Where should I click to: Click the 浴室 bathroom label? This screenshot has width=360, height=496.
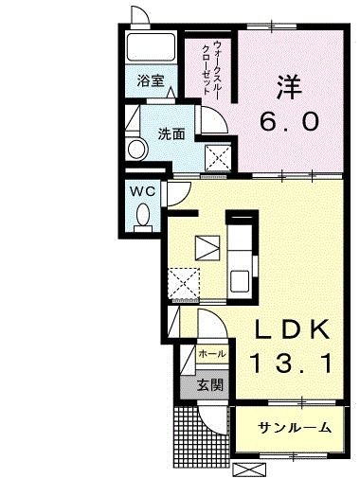tap(151, 81)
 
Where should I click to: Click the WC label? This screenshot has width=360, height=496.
tap(142, 189)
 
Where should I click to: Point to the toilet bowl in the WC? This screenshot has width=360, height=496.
tap(143, 217)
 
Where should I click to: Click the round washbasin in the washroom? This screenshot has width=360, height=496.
tap(135, 148)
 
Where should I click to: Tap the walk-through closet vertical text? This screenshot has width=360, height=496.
tap(212, 66)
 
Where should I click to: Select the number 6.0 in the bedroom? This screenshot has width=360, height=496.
tap(291, 122)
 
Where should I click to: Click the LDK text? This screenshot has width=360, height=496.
tap(291, 329)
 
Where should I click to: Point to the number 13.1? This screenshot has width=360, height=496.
tap(291, 362)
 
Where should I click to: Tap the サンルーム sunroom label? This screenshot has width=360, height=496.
tap(295, 427)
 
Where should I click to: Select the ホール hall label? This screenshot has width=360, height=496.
tap(211, 354)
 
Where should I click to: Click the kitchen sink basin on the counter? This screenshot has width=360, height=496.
tap(240, 281)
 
